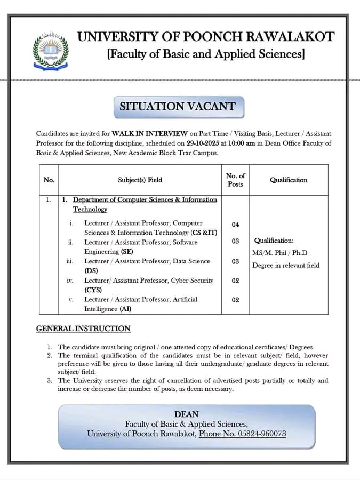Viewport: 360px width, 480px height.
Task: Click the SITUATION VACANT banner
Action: (x=178, y=107)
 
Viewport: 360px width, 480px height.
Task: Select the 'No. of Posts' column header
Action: (x=235, y=180)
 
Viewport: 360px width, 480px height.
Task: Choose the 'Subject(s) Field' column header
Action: (x=140, y=180)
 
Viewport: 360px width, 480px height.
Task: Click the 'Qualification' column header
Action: (x=288, y=180)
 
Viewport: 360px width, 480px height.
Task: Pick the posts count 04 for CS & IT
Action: (x=235, y=225)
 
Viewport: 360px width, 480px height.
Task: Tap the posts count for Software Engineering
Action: (x=235, y=242)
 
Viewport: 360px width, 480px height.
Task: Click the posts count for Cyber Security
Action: (x=235, y=281)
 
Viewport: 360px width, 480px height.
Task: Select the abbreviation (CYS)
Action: (x=93, y=290)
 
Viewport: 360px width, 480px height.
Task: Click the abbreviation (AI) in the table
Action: (x=125, y=309)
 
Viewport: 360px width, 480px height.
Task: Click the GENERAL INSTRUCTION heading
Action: (x=83, y=329)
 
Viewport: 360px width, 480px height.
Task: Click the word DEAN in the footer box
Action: (x=186, y=414)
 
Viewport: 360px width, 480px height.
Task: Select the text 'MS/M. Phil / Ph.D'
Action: (x=280, y=253)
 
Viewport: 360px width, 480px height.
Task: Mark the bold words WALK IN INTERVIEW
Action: (x=149, y=133)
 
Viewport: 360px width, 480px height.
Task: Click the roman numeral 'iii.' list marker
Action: (x=70, y=261)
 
